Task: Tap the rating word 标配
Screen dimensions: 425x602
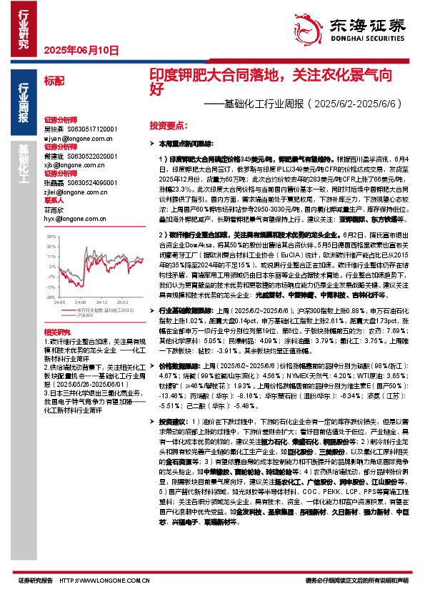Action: (x=54, y=82)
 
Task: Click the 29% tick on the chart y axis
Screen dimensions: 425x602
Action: (x=51, y=230)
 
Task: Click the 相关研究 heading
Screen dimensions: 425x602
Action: (x=56, y=332)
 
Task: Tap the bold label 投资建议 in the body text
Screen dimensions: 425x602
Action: (x=175, y=422)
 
